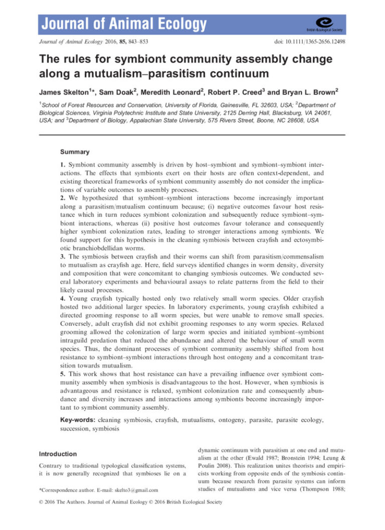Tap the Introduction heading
click(58, 454)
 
